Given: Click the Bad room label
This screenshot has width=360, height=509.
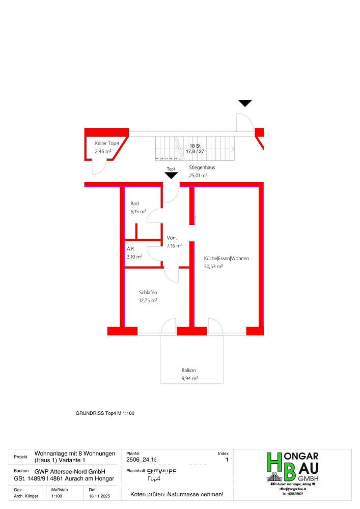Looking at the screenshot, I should (134, 203).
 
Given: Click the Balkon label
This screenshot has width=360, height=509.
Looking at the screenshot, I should (188, 370).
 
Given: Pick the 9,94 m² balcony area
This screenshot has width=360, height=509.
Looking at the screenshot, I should (189, 378).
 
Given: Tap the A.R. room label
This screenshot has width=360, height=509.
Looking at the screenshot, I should (131, 249).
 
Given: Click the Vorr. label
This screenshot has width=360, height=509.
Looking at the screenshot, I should (172, 238).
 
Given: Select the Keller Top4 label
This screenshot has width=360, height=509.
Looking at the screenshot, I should (107, 144).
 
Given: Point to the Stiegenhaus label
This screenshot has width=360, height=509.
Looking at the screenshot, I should (203, 167).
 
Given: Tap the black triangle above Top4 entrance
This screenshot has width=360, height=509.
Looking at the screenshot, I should (171, 176).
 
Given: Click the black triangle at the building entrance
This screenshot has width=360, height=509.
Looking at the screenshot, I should (245, 103).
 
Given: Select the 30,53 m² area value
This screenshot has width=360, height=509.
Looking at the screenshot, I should (213, 267).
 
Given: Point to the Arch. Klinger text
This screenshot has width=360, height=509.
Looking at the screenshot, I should (25, 495).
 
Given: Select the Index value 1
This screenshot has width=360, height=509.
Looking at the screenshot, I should (227, 460).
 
